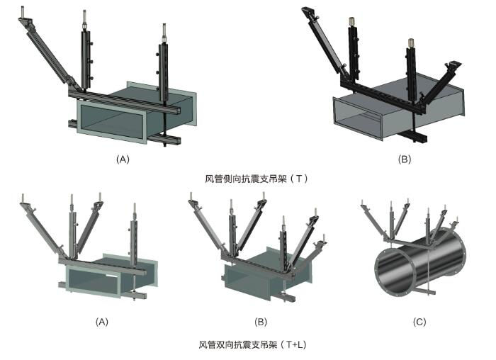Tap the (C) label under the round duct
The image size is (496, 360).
pos(419,322)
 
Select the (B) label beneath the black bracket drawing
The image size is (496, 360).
pos(405,159)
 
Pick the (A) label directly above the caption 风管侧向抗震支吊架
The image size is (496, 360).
pos(123,159)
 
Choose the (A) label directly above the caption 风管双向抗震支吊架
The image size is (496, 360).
pos(102,322)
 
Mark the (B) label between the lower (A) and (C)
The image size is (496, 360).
pos(261,322)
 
